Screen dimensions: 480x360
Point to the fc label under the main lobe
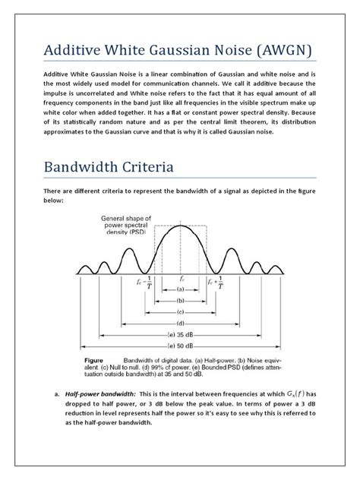coord(180,278)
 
